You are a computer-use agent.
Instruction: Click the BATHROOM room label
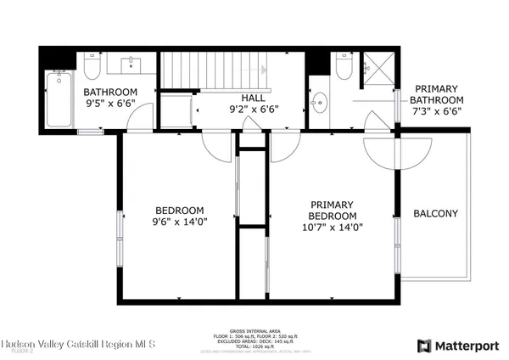109,93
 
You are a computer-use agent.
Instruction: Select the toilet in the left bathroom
93,66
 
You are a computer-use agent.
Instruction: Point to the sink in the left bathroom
133,65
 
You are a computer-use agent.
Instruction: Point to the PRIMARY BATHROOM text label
436,95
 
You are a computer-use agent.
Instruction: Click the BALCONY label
435,213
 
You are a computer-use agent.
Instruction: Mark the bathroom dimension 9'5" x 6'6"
109,105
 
